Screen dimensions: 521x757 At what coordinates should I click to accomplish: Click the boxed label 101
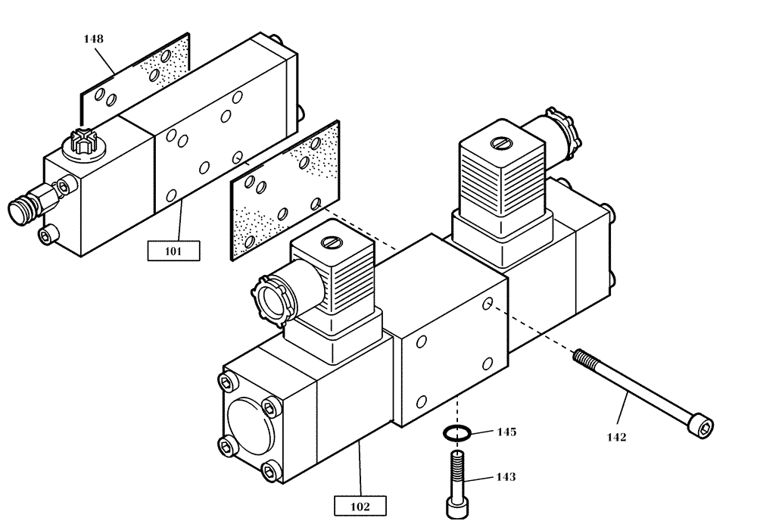click(x=173, y=250)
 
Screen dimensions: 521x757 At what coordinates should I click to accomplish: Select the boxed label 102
click(x=360, y=505)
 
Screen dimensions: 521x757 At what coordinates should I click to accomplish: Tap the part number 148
click(x=94, y=39)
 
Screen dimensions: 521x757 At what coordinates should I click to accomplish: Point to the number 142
click(x=616, y=436)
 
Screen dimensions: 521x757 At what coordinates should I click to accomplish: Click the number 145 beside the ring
click(x=506, y=432)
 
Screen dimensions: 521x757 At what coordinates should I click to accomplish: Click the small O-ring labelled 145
click(x=456, y=433)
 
